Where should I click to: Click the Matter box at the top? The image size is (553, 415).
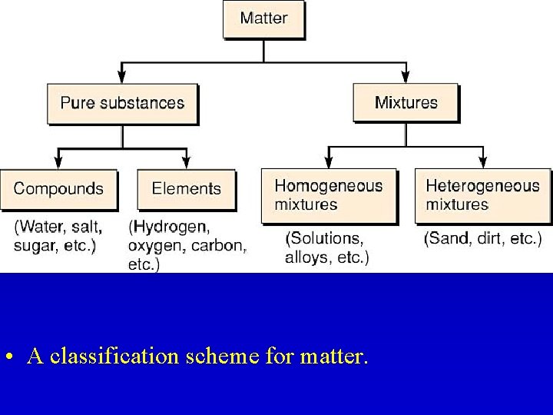click(263, 19)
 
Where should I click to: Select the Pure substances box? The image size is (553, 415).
click(122, 103)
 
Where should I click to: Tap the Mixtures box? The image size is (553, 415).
click(406, 103)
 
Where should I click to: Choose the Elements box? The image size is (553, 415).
click(186, 189)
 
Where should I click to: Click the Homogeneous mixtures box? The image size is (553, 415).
click(329, 195)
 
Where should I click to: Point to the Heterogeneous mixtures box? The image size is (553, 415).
click(482, 195)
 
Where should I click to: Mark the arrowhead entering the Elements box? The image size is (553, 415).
click(186, 164)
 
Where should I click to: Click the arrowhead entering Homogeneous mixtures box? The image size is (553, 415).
click(329, 164)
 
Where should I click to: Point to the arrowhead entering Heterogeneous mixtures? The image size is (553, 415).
click(482, 164)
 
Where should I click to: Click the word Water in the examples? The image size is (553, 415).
click(41, 228)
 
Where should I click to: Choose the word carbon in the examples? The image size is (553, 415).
click(219, 247)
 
